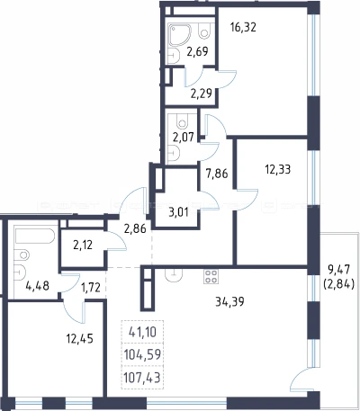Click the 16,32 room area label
(x=243, y=28)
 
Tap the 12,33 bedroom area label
(x=278, y=170)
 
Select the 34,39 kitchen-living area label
(x=229, y=301)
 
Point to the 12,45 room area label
(x=80, y=339)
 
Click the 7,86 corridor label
(x=217, y=174)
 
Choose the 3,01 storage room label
(x=178, y=212)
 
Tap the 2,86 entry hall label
(x=135, y=228)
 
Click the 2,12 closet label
(x=83, y=246)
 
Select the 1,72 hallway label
(x=90, y=287)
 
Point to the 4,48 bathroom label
(x=38, y=286)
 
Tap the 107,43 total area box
(x=142, y=378)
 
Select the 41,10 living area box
(x=142, y=332)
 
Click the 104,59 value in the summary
(x=142, y=354)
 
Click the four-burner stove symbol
(x=211, y=276)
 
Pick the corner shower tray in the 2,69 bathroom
(x=179, y=35)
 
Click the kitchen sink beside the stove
(x=174, y=275)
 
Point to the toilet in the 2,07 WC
(x=182, y=121)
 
